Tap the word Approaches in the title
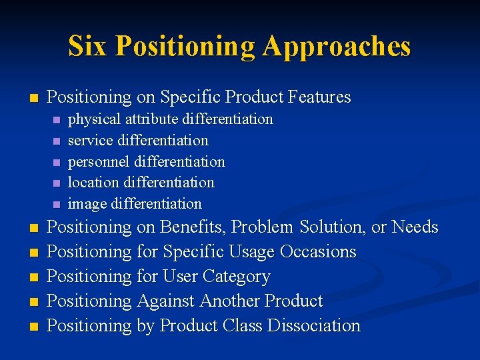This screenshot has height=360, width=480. point(337,47)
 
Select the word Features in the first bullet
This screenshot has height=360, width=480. point(319,97)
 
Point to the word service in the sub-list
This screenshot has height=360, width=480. point(91,141)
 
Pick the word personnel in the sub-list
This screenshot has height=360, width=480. point(99,162)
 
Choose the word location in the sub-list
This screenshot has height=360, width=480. point(93,183)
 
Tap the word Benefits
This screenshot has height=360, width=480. point(194,227)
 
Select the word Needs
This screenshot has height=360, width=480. point(415,227)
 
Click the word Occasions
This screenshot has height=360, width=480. point(318,252)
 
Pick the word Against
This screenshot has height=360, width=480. point(166,301)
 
